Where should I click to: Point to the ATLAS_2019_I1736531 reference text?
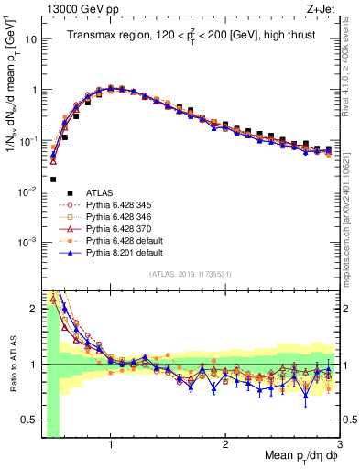(190, 274)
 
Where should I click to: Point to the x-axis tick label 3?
(338, 442)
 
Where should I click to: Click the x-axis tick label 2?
(224, 442)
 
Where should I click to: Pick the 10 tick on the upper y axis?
(29, 39)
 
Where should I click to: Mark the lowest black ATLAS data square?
(53, 180)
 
